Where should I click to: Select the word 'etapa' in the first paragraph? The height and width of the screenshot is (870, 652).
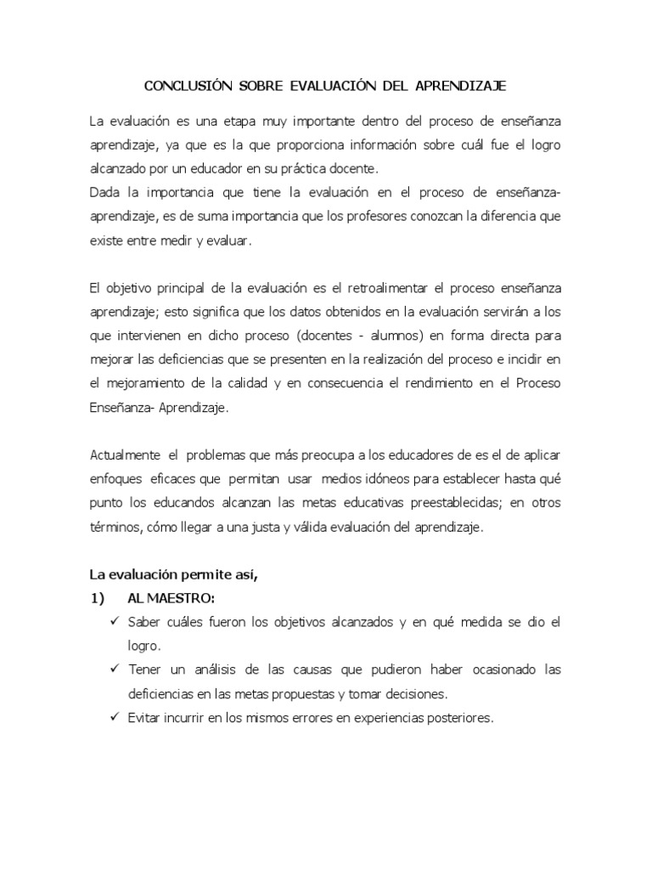[x=225, y=121]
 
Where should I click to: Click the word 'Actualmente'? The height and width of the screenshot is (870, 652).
[x=125, y=455]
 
